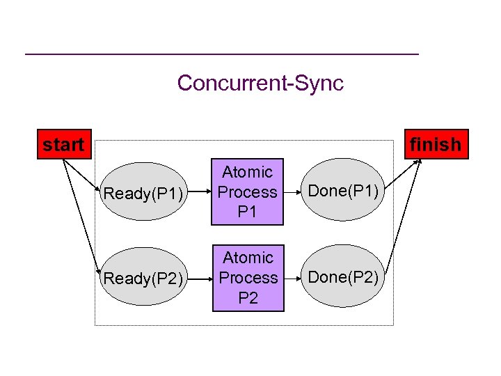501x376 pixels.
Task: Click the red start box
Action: tap(63, 145)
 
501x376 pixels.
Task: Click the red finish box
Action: tap(436, 145)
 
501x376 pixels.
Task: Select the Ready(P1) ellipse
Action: tap(143, 192)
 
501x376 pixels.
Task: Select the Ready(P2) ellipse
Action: tap(143, 279)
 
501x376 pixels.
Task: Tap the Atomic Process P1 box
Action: tap(248, 191)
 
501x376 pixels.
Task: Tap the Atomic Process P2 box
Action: tap(248, 277)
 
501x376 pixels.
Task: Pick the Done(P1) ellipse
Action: tap(343, 191)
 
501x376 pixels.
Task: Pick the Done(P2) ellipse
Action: tap(343, 276)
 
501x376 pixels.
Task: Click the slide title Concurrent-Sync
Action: tap(260, 83)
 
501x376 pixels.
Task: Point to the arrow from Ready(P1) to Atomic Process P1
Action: tap(202, 192)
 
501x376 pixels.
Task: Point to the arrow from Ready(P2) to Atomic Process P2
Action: tap(202, 279)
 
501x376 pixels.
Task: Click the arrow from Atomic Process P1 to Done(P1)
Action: tap(294, 191)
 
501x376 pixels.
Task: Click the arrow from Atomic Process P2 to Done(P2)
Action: tap(294, 277)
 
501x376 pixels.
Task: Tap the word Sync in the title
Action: tap(318, 83)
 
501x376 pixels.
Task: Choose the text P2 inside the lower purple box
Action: tap(248, 298)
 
